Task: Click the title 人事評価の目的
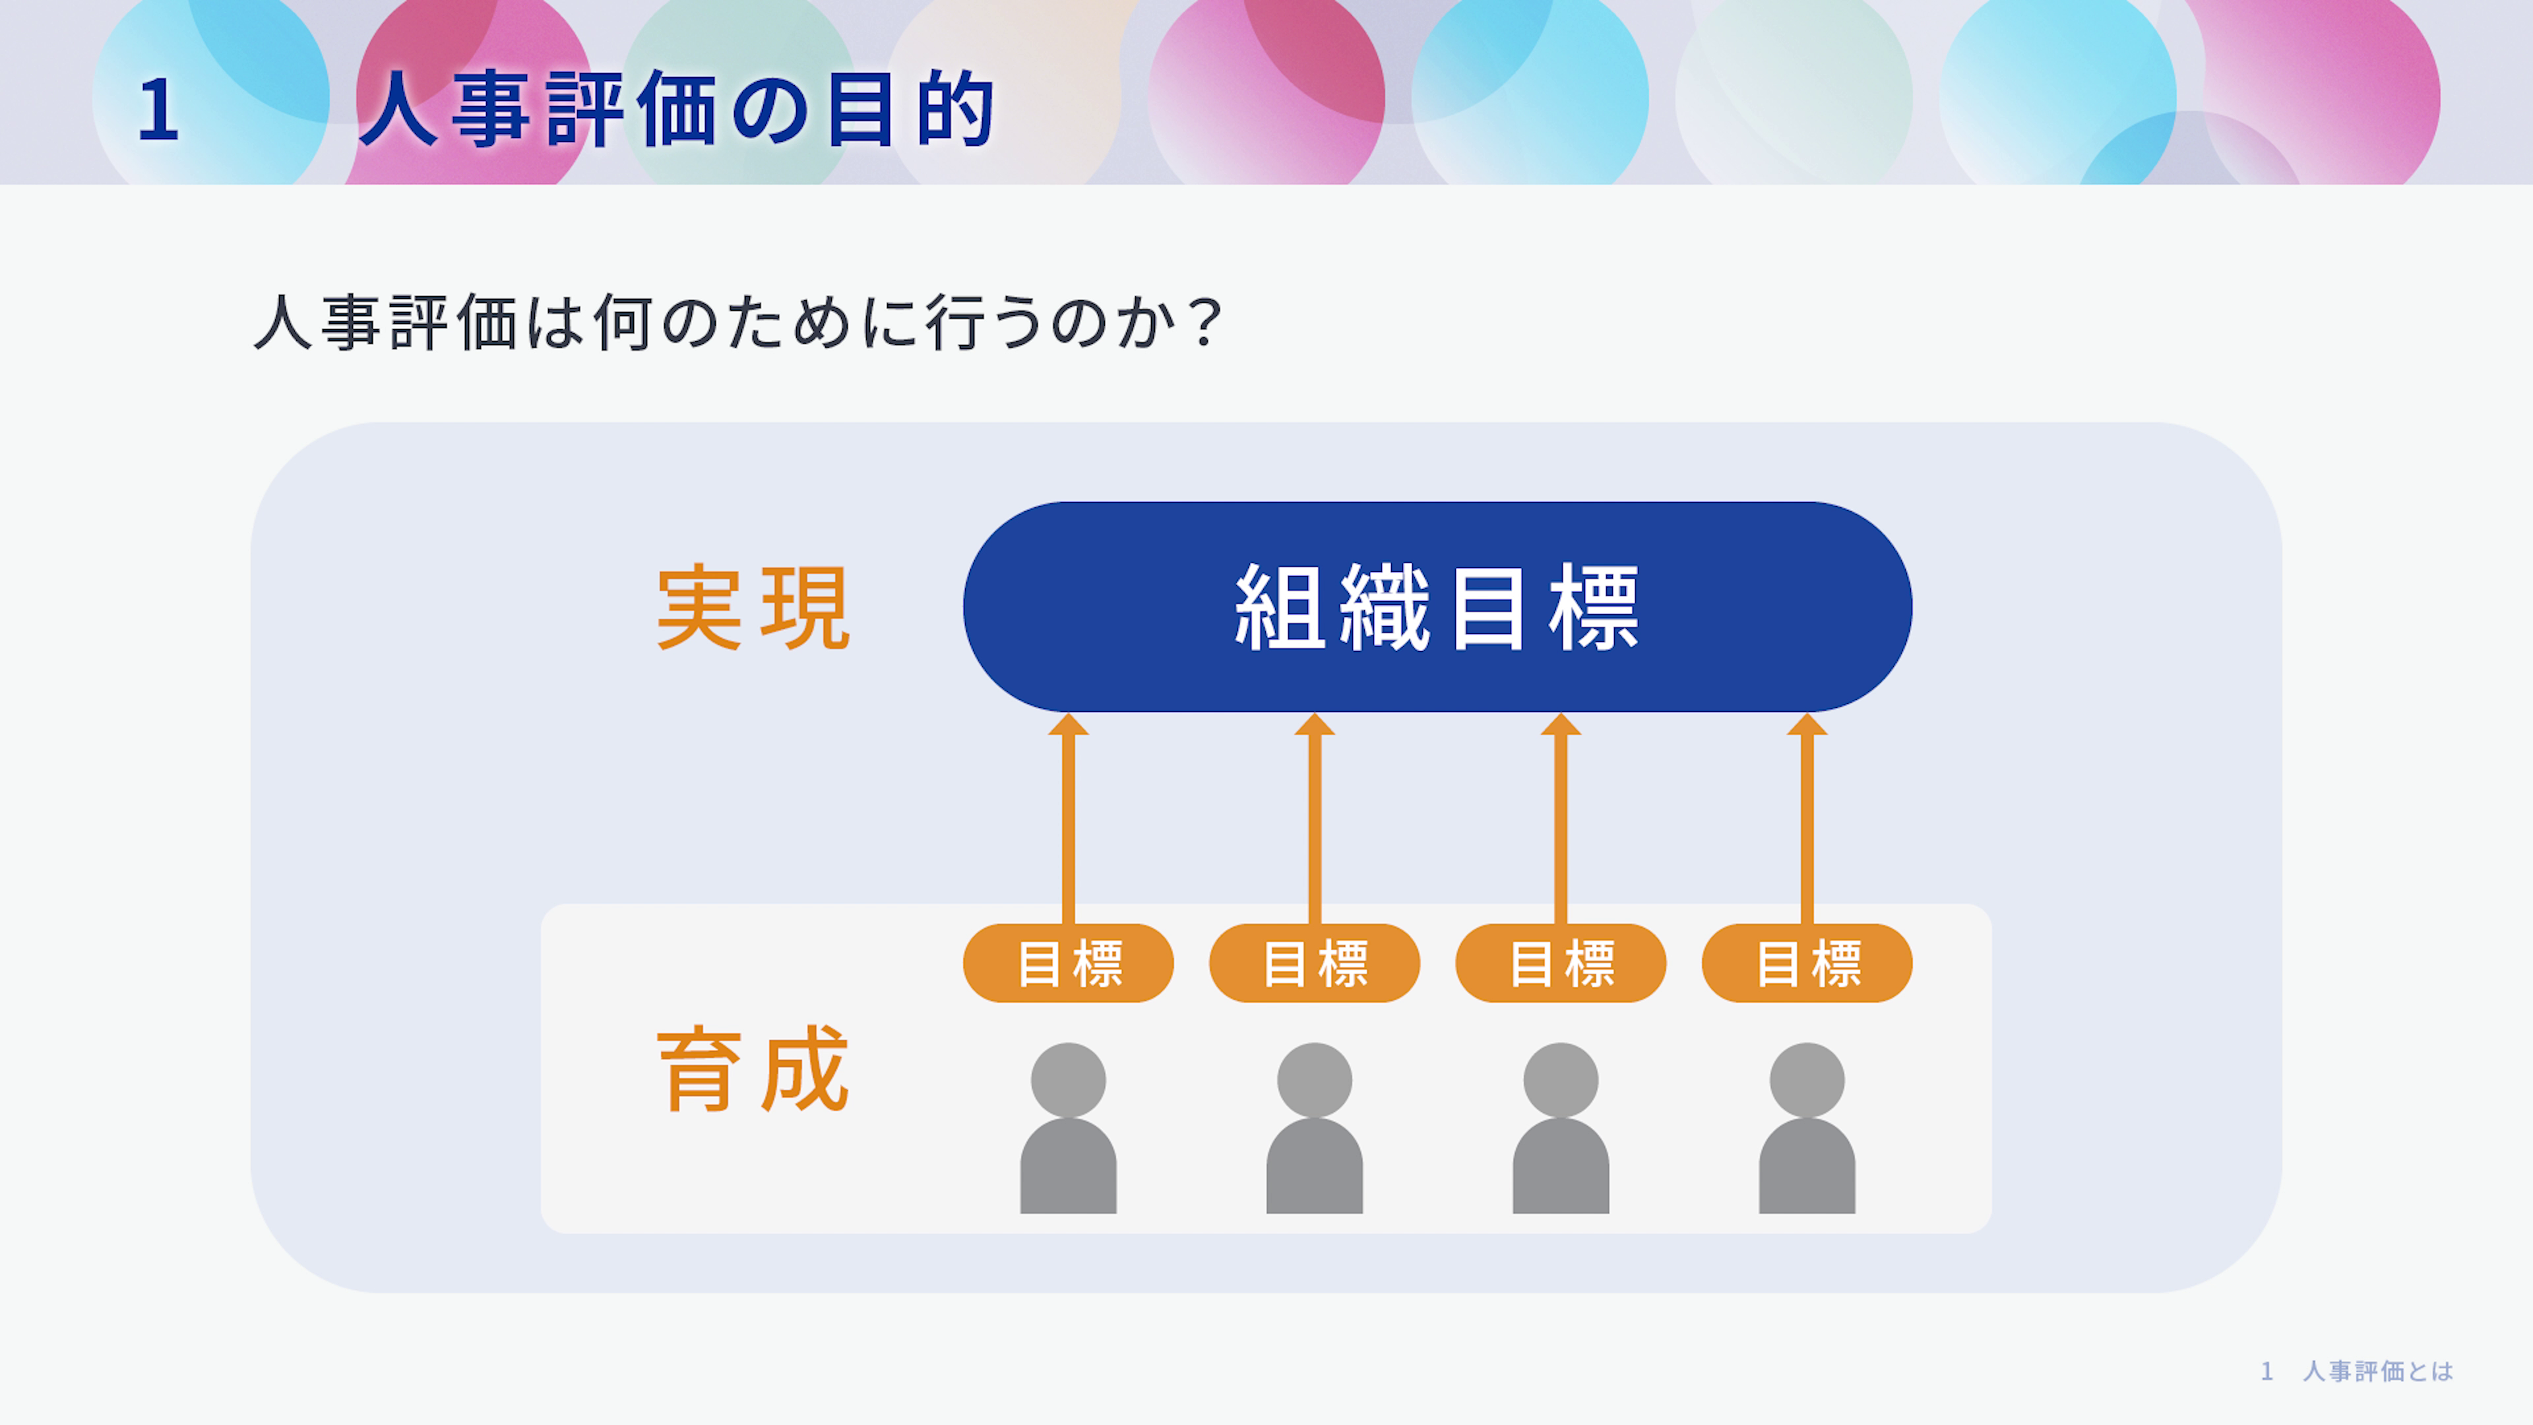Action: tap(677, 109)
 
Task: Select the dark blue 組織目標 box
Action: tap(1437, 607)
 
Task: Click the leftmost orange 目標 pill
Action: tap(1068, 963)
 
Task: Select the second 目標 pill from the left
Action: tap(1315, 963)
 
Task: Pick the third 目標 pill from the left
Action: tap(1561, 963)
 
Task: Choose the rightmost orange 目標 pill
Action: tap(1807, 963)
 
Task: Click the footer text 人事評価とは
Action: tap(2377, 1371)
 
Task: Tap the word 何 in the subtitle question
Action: tap(623, 323)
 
